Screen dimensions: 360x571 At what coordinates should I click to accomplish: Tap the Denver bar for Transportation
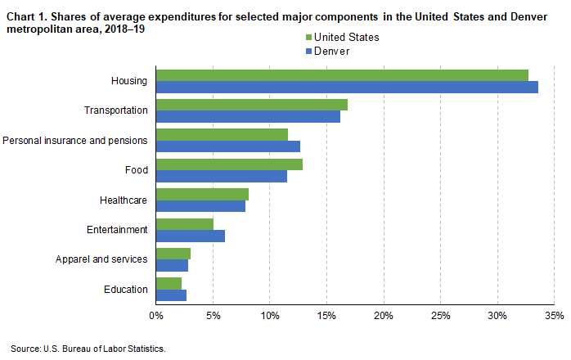coord(248,116)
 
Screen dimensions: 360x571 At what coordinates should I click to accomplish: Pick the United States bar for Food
coord(229,164)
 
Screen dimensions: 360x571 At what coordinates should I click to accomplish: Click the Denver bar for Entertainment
coord(191,236)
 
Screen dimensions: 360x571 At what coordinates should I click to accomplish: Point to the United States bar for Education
coord(169,283)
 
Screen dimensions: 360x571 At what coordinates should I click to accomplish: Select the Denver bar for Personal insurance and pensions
coord(228,146)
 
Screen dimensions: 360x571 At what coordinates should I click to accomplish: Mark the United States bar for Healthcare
coord(202,194)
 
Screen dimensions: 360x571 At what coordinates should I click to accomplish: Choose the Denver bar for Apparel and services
coord(172,265)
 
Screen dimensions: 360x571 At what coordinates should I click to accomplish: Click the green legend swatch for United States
coord(308,38)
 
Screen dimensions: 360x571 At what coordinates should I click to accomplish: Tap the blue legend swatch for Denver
coord(308,51)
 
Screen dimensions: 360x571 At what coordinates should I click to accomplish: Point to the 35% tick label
coord(554,314)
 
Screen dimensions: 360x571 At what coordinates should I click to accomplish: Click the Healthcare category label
coord(124,200)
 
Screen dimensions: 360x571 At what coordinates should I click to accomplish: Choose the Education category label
coord(126,289)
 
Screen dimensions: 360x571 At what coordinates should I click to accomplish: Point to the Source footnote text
coord(88,349)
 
